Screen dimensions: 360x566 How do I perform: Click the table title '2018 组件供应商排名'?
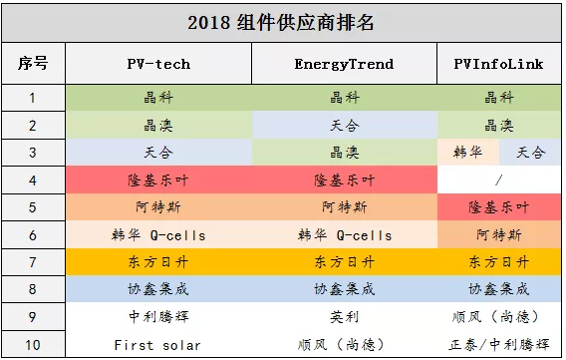[x=282, y=21]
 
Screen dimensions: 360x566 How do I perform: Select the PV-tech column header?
[x=158, y=64]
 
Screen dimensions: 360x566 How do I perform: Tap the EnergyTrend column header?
[x=344, y=64]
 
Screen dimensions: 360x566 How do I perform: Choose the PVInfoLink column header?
[x=498, y=64]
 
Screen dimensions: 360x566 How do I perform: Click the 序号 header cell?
[x=33, y=64]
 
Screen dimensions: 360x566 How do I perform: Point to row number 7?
[x=33, y=262]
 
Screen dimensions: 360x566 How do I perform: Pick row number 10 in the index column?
[x=33, y=345]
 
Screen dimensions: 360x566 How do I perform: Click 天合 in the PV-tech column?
[x=158, y=153]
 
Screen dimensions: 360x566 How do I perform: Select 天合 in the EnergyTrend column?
[x=344, y=126]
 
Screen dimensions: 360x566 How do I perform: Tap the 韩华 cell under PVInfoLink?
[x=467, y=153]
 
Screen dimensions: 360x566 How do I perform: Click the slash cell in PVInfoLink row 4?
[x=498, y=180]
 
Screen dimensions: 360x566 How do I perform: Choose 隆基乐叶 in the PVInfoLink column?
[x=498, y=207]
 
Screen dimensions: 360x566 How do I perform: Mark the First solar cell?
[x=158, y=345]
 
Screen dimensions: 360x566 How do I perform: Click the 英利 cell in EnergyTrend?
[x=344, y=318]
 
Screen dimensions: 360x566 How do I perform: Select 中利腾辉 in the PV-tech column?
[x=158, y=318]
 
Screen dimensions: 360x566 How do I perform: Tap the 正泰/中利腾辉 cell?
[x=498, y=345]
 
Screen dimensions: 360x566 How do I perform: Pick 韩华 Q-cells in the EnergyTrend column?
[x=344, y=235]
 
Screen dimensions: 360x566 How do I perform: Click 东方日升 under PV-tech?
[x=158, y=262]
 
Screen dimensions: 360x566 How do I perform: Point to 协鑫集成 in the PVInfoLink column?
[x=498, y=290]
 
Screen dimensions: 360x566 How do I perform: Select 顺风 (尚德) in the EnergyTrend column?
[x=344, y=345]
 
